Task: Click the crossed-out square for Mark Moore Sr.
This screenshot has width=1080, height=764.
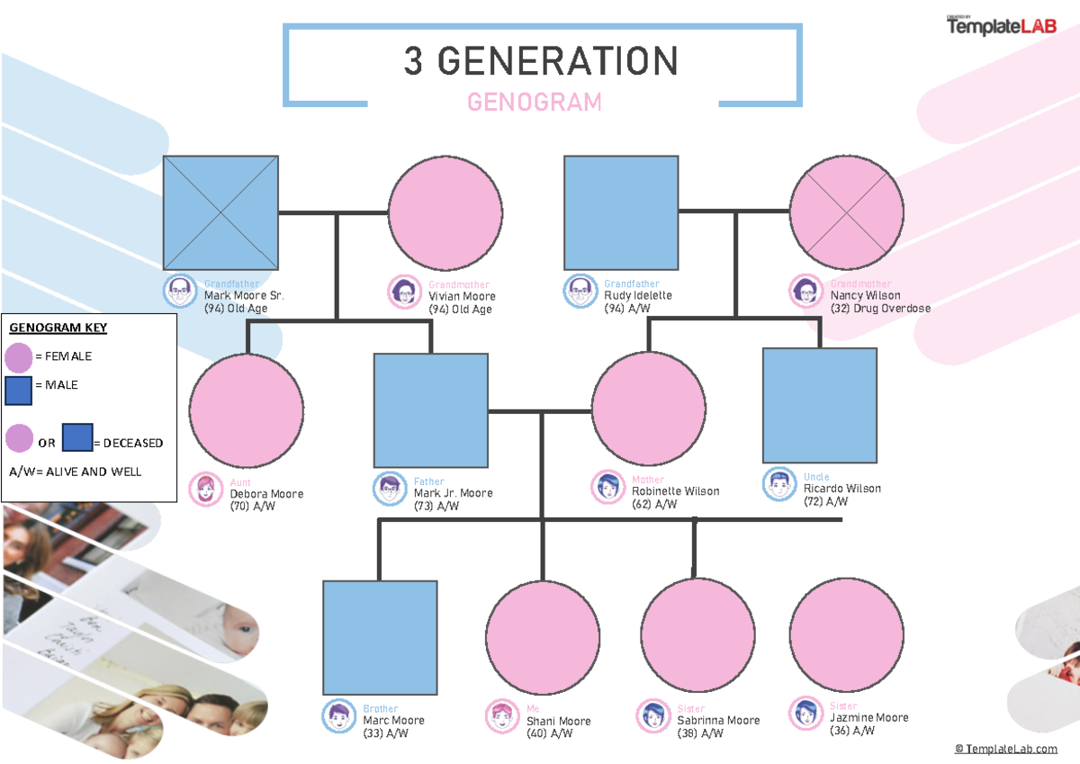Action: click(220, 212)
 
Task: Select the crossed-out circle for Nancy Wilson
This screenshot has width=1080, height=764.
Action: click(846, 212)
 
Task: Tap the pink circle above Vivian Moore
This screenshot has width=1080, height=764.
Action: click(445, 212)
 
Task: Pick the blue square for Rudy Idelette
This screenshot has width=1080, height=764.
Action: click(621, 212)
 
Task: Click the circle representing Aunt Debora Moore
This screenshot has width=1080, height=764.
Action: click(246, 409)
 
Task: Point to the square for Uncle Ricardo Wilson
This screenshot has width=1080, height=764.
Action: click(819, 405)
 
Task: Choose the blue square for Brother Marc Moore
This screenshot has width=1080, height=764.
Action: click(380, 637)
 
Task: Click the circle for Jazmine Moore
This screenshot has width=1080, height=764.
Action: click(846, 635)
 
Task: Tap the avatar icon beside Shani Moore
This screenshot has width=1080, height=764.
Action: click(501, 715)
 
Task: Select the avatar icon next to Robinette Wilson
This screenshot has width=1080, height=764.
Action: click(607, 487)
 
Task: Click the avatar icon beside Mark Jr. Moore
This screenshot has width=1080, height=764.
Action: click(390, 489)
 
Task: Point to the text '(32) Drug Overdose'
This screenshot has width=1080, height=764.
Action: click(880, 309)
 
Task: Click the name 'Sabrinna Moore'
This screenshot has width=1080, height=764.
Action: click(718, 721)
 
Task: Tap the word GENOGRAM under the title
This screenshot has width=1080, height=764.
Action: click(535, 103)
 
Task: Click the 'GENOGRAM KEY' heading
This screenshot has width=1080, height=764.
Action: click(58, 328)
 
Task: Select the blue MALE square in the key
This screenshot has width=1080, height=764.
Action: click(18, 390)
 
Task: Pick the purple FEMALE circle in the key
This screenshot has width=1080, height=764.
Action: click(18, 357)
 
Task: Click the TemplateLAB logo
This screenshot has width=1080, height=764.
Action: click(1000, 27)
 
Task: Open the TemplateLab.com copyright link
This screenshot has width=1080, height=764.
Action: click(1005, 749)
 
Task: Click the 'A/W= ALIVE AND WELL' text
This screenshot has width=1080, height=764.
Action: click(75, 472)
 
